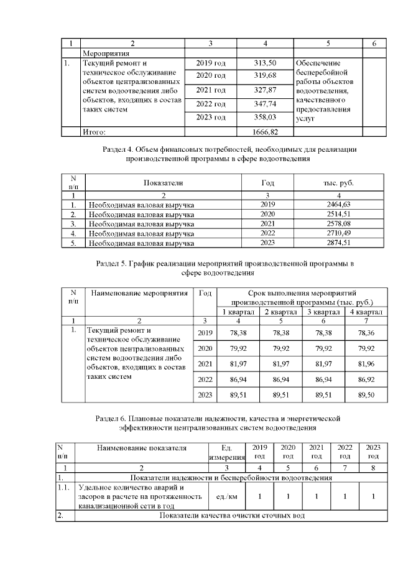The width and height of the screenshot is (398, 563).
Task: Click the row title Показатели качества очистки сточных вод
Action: point(233,516)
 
